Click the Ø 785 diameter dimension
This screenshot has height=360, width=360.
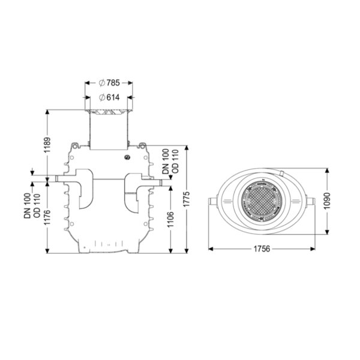[109, 83]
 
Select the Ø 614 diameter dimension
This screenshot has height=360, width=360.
[109, 98]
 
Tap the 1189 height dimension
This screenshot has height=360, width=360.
[47, 145]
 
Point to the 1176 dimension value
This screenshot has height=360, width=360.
[47, 217]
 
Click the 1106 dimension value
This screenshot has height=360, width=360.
[170, 220]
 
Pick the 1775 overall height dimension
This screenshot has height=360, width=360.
[187, 199]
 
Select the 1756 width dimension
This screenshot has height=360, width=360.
[262, 249]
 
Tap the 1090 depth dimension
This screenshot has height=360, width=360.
[327, 201]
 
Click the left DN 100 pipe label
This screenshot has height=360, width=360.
[27, 206]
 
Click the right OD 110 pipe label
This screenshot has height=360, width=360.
[175, 161]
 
